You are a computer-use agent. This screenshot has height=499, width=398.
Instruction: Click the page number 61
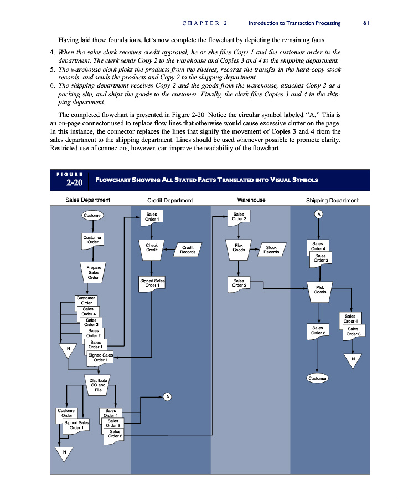pos(366,23)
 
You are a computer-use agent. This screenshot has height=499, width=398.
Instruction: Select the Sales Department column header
pos(87,200)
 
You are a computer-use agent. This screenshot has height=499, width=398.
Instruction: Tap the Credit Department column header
pos(170,201)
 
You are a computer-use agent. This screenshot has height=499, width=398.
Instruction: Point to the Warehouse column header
pos(251,200)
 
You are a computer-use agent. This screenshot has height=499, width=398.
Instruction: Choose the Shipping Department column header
pos(332,201)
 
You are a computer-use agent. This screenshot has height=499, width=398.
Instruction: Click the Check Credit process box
pos(152,247)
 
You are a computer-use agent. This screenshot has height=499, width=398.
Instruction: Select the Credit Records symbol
pos(188,250)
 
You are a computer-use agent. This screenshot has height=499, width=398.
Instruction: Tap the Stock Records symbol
pos(271,250)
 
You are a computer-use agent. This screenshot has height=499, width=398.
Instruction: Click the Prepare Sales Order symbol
pos(94,272)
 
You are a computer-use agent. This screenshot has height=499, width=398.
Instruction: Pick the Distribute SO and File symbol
pos(98,385)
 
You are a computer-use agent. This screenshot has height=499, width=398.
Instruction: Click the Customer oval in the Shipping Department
pos(317,378)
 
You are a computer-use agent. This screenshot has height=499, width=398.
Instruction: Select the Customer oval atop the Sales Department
pos(93,215)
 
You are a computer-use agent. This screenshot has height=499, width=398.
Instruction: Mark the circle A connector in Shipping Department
pos(318,214)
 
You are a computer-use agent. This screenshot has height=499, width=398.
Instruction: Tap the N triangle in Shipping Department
pos(353,360)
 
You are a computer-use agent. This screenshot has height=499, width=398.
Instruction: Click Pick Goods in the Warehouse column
pos(239,247)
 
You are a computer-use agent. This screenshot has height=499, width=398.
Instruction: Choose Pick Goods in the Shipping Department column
pos(319,289)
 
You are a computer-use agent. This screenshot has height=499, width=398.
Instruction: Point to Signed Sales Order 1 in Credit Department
pos(152,283)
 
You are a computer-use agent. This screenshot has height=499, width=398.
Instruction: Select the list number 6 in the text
pos(52,86)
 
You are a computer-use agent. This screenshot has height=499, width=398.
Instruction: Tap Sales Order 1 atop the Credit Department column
pos(152,216)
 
